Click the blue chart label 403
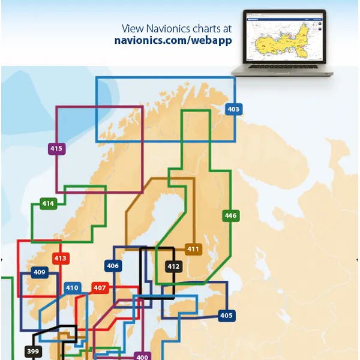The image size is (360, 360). point(233,109)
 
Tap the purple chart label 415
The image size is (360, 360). point(56,148)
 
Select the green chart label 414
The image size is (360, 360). point(48,203)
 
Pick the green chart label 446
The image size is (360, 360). point(230,215)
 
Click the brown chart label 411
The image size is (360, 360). point(193,249)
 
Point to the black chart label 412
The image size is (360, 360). point(173,266)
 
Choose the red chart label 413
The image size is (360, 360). point(61,259)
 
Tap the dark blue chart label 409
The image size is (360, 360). point(40,272)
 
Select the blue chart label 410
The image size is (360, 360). point(72,288)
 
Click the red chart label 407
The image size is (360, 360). point(100,288)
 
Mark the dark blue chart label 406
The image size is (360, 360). point(113,266)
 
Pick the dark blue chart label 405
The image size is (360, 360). point(226,316)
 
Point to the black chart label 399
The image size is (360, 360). point(34,352)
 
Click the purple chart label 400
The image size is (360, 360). point(142,356)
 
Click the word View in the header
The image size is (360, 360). point(133,28)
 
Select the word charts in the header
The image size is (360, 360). point(208,28)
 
